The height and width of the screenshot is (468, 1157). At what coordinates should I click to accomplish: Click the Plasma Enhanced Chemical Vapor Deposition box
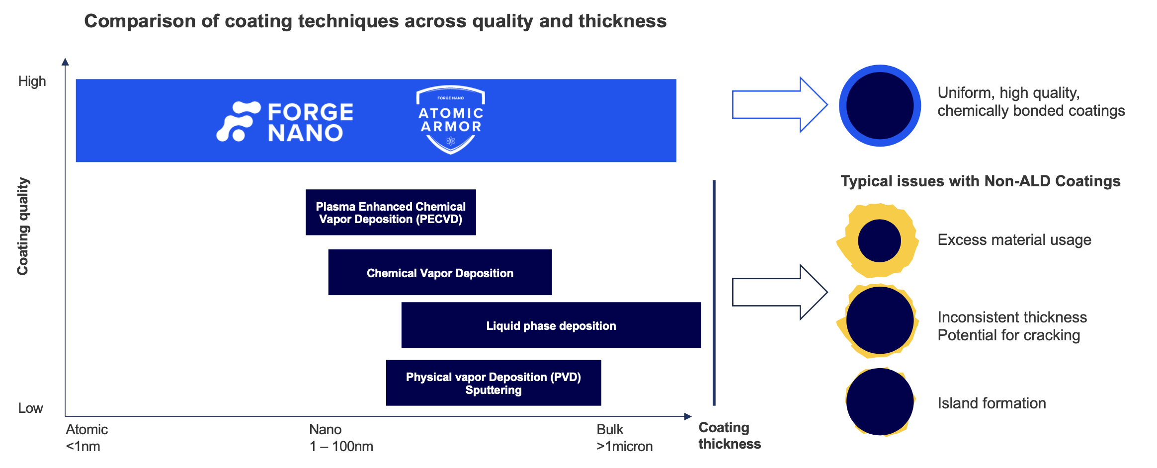click(391, 212)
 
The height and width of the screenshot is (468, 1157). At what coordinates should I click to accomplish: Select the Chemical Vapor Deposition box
click(440, 272)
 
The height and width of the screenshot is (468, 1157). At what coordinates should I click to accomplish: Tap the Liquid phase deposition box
click(551, 325)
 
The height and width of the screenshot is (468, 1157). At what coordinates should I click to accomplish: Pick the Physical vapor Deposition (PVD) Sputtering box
click(493, 383)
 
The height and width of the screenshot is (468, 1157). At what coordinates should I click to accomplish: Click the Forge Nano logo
click(285, 122)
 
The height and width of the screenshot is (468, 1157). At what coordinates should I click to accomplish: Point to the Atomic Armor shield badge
click(450, 119)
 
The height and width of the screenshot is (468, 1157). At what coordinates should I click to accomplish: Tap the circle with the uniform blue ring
click(880, 105)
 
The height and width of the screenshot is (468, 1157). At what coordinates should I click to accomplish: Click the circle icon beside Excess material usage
click(879, 240)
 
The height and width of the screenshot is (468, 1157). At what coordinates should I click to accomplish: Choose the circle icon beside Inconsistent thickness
click(879, 320)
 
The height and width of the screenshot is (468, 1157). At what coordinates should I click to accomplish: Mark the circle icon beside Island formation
click(880, 401)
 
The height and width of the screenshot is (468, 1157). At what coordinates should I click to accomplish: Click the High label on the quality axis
click(32, 81)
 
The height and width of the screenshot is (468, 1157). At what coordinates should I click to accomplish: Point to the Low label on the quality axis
click(30, 408)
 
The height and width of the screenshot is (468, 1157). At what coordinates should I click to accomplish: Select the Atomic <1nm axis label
click(86, 438)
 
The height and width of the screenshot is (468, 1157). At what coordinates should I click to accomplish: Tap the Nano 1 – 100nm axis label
click(341, 438)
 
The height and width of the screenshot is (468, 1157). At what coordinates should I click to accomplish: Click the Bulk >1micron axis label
click(624, 438)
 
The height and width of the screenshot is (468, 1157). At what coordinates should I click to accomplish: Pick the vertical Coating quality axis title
click(23, 226)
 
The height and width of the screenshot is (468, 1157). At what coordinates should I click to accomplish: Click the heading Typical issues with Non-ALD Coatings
click(980, 181)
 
